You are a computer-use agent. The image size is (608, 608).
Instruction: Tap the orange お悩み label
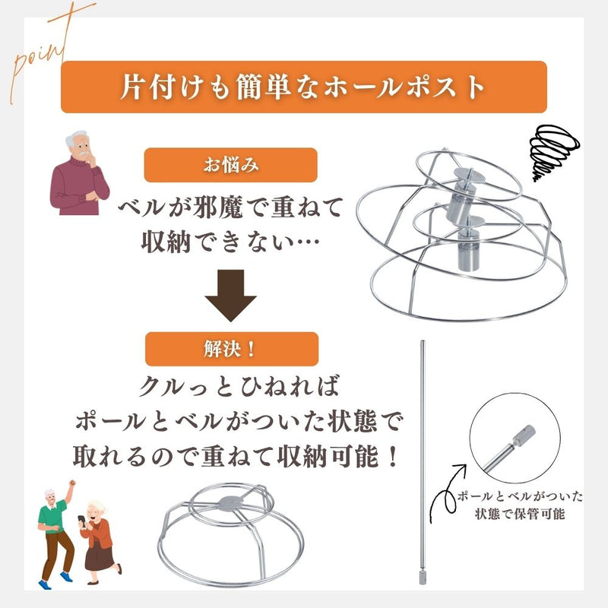click(x=231, y=165)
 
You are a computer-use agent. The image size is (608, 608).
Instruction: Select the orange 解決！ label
click(x=232, y=349)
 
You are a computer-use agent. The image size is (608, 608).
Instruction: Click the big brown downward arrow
click(x=231, y=296)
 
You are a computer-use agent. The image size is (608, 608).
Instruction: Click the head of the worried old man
click(x=78, y=144)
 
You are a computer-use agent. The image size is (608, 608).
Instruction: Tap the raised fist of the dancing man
click(x=71, y=484)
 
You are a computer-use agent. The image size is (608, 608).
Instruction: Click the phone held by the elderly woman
click(x=82, y=521)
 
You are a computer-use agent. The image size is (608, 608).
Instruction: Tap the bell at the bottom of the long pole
click(x=423, y=577)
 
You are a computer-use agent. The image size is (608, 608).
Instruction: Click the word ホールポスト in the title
click(x=404, y=87)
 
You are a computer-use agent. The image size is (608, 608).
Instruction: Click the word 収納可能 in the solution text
click(x=328, y=456)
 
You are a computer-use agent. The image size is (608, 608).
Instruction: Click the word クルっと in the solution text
click(x=185, y=386)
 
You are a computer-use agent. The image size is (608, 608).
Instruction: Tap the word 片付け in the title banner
click(x=162, y=87)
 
